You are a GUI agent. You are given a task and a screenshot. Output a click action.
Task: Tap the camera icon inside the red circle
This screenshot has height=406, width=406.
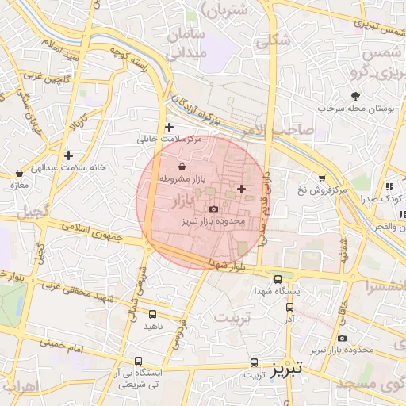pos(213,208)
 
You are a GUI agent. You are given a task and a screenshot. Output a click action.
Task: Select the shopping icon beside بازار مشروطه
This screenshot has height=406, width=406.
pos(183,167)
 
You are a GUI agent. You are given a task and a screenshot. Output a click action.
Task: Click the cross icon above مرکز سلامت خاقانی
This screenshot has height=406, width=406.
pos(168,127)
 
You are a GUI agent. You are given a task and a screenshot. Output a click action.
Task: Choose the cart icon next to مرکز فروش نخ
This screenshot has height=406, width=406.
pos(321,178)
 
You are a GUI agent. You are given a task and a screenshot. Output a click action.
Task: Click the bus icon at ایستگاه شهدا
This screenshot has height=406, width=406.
pos(278,279)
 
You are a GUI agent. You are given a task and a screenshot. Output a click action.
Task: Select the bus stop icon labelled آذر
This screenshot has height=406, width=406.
pos(289,306)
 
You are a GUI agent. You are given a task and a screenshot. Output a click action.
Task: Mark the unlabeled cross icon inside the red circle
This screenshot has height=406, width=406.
pos(241,189)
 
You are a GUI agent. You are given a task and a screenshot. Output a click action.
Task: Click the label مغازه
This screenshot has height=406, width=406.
pos(18,185)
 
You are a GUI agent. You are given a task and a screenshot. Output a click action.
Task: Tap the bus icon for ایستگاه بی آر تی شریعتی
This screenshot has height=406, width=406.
pos(140,361)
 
